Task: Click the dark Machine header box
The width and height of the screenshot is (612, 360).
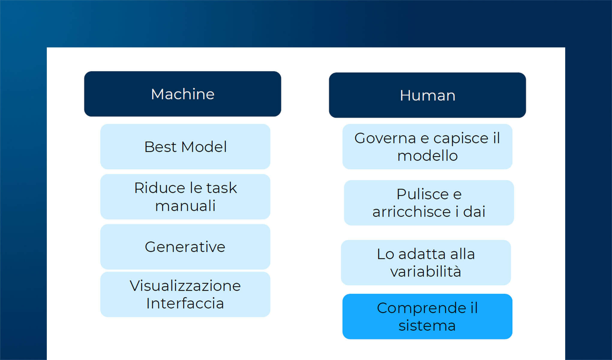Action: (x=182, y=94)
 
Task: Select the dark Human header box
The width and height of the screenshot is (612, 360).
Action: (x=427, y=95)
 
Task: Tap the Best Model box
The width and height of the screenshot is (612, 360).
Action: (x=185, y=147)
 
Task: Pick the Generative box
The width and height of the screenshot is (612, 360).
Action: (x=185, y=247)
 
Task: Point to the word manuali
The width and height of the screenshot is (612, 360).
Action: (x=185, y=206)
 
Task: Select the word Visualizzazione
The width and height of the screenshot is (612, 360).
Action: (x=185, y=286)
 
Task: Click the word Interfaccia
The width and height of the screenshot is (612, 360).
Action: (x=185, y=303)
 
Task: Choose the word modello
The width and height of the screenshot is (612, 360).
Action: (x=427, y=156)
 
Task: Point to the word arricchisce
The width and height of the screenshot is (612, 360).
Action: (x=411, y=212)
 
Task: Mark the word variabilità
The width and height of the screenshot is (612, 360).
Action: (x=425, y=271)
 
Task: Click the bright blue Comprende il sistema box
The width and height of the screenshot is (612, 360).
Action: (x=427, y=316)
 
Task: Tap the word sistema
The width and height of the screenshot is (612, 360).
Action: (x=427, y=325)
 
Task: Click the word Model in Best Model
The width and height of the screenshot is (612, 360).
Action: (x=204, y=147)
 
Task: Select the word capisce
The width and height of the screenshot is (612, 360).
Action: (x=461, y=139)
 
